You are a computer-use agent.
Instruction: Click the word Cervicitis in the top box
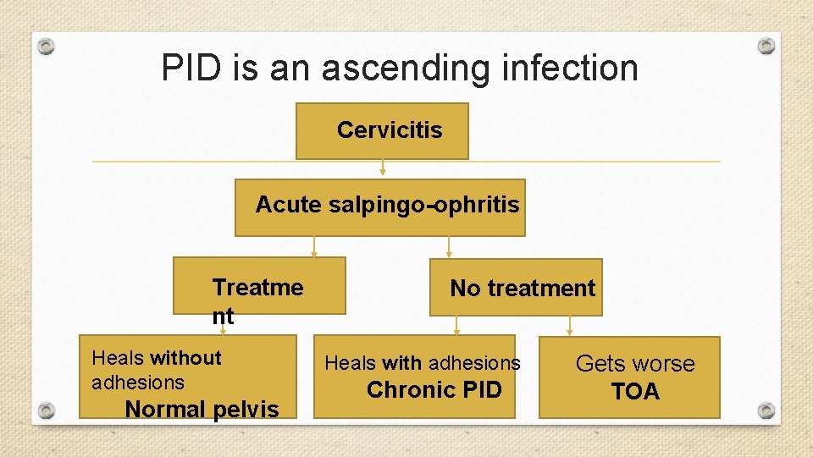(390, 130)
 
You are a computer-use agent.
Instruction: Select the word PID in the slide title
(196, 68)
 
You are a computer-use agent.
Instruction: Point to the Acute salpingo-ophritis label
(387, 205)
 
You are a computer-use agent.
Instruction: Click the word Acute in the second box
(285, 205)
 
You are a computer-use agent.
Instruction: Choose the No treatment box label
(523, 289)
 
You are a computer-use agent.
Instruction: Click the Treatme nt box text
(257, 300)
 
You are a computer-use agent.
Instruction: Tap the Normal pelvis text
(202, 410)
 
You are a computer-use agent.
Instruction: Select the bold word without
(185, 358)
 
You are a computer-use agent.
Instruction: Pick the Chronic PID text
(434, 390)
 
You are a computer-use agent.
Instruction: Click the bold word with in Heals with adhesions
(402, 364)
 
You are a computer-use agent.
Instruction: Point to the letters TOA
(635, 392)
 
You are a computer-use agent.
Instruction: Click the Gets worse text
(635, 364)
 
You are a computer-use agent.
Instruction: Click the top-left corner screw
(47, 46)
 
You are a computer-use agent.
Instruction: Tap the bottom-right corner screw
(766, 410)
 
